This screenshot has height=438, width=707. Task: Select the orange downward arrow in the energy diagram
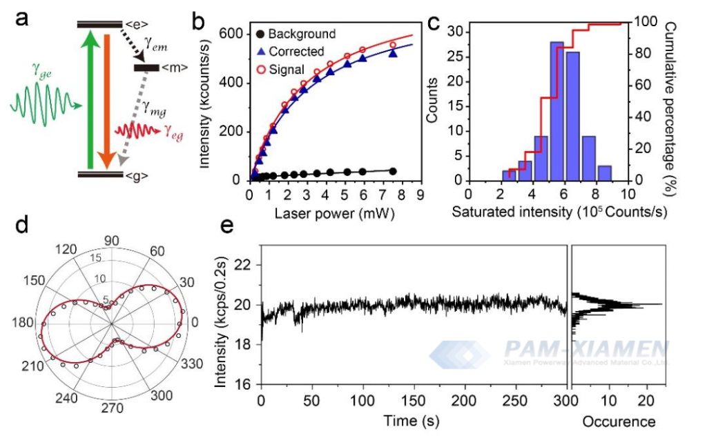point(106,97)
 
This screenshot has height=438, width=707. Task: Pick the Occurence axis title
point(619,420)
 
